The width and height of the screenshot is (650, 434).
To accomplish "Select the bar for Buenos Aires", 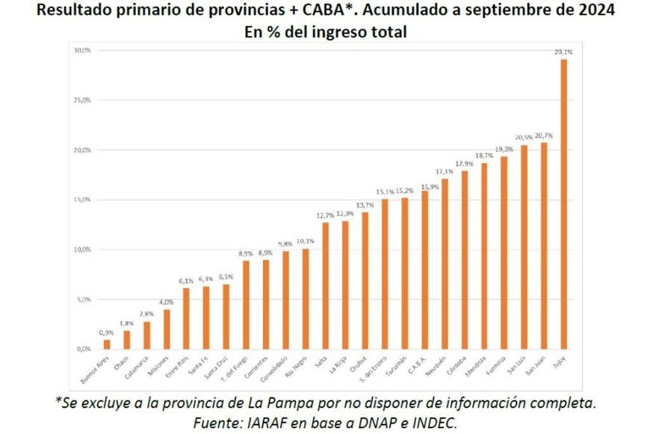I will click(107, 344).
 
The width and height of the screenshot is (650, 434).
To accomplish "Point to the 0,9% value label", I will click(107, 333).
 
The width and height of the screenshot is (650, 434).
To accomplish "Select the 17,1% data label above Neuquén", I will click(444, 171).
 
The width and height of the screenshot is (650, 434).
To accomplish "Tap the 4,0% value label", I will click(167, 302).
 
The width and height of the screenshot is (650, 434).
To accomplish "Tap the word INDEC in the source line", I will click(432, 422).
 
